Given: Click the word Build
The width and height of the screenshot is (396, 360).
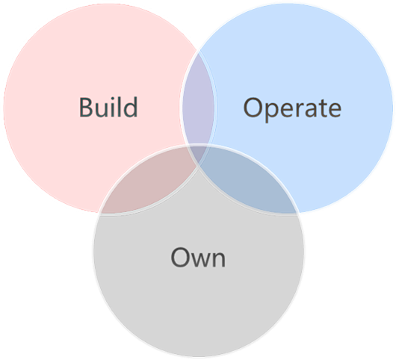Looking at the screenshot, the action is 108,107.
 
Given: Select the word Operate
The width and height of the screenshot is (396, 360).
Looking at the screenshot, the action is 292,109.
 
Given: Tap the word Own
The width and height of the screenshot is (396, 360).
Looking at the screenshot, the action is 198,257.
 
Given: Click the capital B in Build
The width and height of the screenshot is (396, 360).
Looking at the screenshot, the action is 87,108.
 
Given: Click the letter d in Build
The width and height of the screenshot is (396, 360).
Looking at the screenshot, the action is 132,107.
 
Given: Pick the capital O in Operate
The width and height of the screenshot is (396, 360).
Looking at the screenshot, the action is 253,108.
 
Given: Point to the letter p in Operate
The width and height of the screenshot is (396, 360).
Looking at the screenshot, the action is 272,113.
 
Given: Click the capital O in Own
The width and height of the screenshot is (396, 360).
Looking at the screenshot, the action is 180,257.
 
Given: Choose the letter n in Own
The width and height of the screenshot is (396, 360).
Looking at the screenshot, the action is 219,259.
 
